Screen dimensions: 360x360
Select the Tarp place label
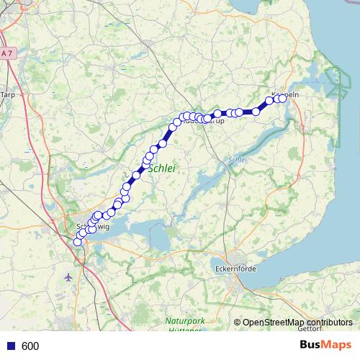pos(8,94)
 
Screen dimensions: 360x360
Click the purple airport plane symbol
pos(68,276)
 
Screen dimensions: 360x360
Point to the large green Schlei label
pos(162,167)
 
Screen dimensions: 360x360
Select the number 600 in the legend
pos(30,346)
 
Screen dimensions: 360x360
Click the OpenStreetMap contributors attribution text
pos(297,323)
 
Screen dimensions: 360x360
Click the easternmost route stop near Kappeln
pos(283,99)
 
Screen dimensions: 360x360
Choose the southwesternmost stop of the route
pos(78,242)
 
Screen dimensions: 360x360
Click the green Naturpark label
pos(184,320)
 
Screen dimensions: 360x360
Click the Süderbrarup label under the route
pos(205,122)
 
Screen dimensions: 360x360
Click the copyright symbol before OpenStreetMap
pos(237,323)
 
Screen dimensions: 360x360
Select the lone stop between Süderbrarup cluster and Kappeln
pos(256,112)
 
